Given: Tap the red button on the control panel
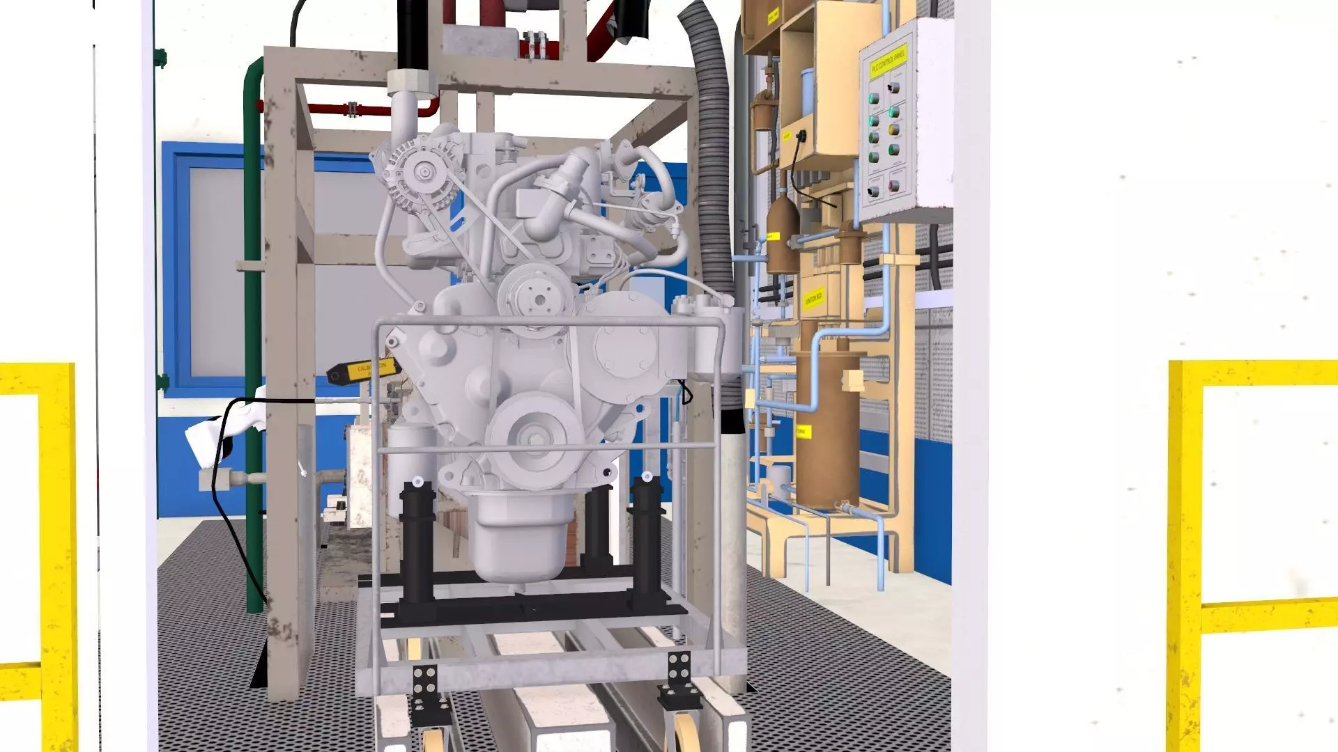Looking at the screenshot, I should click(x=894, y=186).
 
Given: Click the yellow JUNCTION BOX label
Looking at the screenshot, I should click(x=813, y=299).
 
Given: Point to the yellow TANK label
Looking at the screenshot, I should click(x=802, y=432).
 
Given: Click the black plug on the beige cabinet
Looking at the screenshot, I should click(x=801, y=136).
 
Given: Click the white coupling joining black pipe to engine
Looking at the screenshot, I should click(x=411, y=82).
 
